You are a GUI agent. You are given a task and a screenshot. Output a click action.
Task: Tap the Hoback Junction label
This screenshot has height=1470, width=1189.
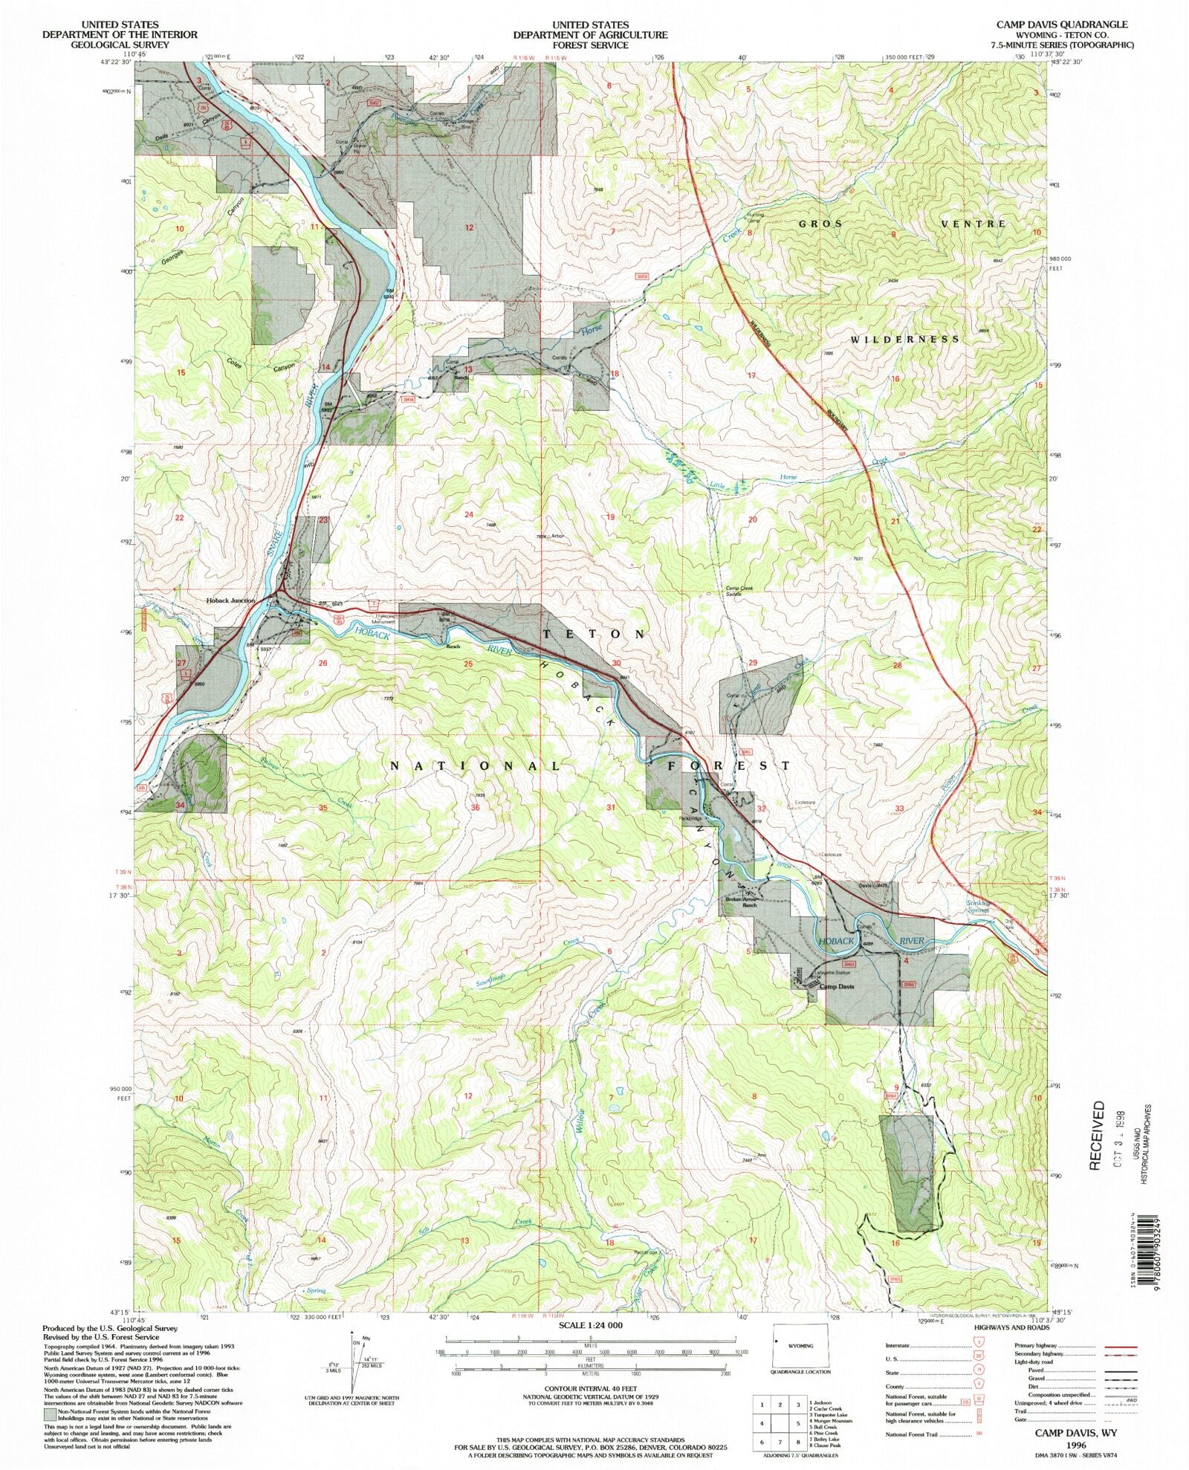[x=230, y=600]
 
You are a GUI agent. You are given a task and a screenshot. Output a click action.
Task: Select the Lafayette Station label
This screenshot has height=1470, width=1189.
[x=833, y=972]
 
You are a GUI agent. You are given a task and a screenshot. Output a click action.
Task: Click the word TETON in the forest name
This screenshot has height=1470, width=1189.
[x=594, y=634]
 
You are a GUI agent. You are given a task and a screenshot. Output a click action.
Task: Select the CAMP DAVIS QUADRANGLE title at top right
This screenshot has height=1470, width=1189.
[x=1061, y=25]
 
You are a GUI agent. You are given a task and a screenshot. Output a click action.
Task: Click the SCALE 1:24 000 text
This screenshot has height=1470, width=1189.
[x=591, y=1325]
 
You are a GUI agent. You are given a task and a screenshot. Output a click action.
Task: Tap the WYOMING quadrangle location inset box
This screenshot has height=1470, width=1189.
[x=800, y=1346]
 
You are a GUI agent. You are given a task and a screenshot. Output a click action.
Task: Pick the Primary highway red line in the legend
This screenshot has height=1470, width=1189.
[x=1121, y=1346]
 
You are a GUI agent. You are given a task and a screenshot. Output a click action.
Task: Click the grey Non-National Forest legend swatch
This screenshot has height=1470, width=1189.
[x=50, y=1412]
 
